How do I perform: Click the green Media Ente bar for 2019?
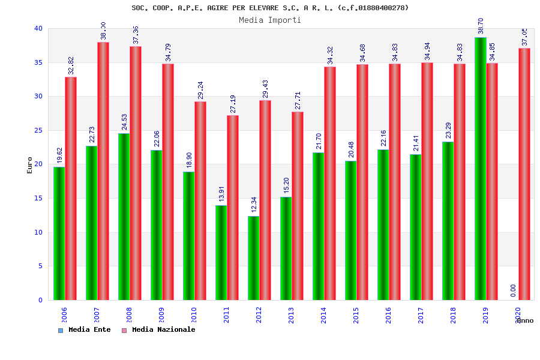point(480,168)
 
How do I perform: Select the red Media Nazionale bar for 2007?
point(103,171)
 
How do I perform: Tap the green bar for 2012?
point(253,258)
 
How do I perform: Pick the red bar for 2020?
point(524,174)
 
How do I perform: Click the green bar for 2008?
point(124,216)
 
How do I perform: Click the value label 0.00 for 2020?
point(513,290)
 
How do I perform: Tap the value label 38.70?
point(481,26)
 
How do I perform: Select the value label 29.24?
point(201,90)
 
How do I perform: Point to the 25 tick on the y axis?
point(38,130)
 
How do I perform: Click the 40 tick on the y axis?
point(38,28)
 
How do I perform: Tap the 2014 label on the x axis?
point(324,315)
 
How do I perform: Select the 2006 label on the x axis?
point(65,315)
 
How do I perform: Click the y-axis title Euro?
point(30,164)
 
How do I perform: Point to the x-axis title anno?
point(525,320)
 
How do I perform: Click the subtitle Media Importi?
point(270,20)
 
